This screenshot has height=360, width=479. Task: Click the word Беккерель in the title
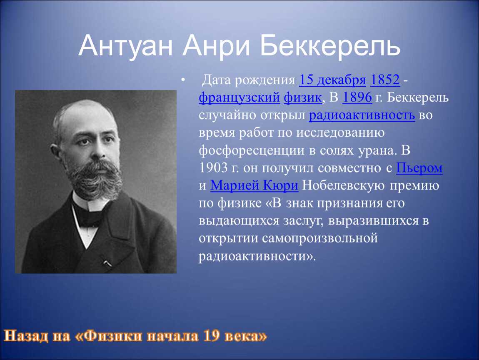coord(330,45)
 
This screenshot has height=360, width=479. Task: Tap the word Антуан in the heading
coord(126,45)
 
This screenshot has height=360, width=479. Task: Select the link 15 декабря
coord(332,80)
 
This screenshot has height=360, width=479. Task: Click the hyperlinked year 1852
coord(385,80)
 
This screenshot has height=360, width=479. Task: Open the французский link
coord(239,97)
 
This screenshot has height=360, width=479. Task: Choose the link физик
coord(303,97)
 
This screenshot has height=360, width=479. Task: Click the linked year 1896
coord(357,97)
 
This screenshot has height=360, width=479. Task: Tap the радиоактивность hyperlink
coord(362,115)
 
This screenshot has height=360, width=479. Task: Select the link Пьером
coord(419,168)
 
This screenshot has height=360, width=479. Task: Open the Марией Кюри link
coord(254,185)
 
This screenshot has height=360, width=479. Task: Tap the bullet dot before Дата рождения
coord(183,80)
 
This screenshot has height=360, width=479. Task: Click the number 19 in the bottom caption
coord(212,335)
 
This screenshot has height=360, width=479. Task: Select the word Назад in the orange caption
coord(26,335)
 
